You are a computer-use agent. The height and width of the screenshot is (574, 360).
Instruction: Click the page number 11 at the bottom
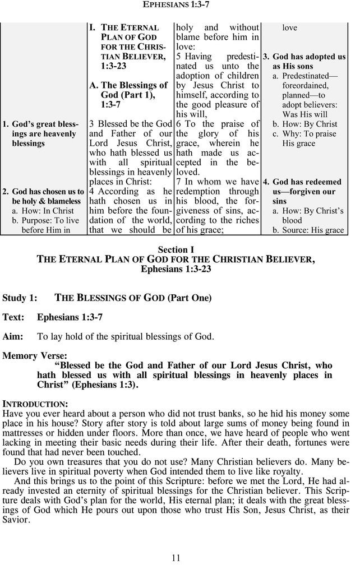click(x=176, y=557)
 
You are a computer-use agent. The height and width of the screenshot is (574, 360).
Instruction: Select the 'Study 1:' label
click(x=20, y=298)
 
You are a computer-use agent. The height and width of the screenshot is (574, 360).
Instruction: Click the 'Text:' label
click(x=13, y=317)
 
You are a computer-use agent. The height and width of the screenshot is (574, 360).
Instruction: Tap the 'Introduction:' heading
click(x=35, y=404)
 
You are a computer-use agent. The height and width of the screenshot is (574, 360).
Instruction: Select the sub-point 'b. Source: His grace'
click(x=308, y=230)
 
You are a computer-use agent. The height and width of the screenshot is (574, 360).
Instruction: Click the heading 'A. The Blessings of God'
click(x=129, y=85)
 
